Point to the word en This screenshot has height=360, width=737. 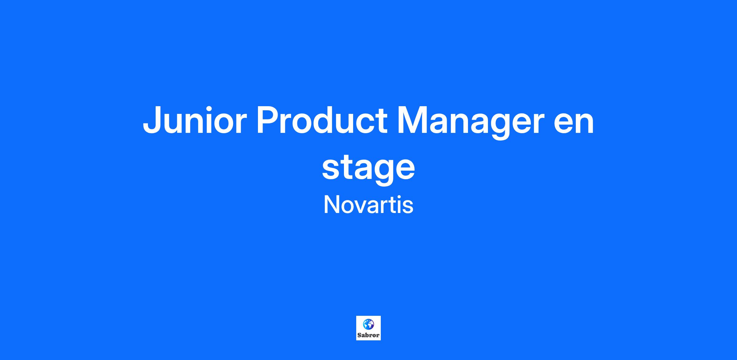pyautogui.click(x=574, y=124)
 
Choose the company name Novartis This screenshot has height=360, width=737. pyautogui.click(x=368, y=205)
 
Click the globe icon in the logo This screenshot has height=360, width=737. pyautogui.click(x=368, y=324)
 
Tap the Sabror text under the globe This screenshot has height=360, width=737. pyautogui.click(x=368, y=335)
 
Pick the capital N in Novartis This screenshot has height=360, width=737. pyautogui.click(x=331, y=205)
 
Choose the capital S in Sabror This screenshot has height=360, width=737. pyautogui.click(x=359, y=335)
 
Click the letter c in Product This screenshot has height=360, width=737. pyautogui.click(x=366, y=124)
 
